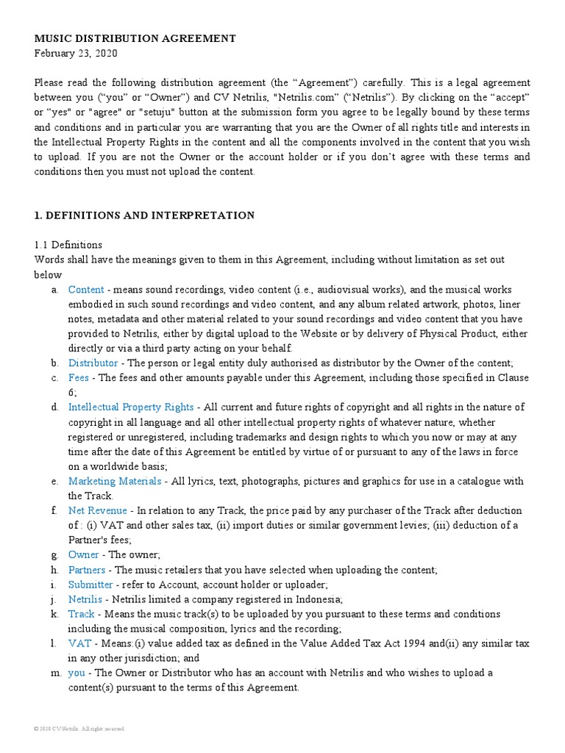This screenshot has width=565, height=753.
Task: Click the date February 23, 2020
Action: coord(75,54)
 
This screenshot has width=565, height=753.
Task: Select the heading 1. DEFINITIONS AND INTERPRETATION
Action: coord(144,215)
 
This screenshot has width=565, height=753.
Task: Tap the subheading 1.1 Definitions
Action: coord(68,245)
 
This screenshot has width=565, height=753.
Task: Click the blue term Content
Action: coord(86,290)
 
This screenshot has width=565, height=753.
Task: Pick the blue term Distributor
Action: coord(93,363)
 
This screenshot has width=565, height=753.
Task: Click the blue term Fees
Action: coord(79,378)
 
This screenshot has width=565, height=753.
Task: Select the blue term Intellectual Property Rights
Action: coord(131,407)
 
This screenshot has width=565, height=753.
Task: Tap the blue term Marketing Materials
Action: coord(114,481)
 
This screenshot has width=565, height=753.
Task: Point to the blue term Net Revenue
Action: coord(97,510)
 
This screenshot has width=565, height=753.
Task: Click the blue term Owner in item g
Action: coord(83,554)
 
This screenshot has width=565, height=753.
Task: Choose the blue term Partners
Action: coord(87,570)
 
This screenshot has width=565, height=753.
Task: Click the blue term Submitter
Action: coord(90,585)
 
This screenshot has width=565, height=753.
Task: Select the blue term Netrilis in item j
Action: coord(85,599)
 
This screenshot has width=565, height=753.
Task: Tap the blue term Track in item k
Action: coord(82,614)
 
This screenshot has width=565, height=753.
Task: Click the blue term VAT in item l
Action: coord(79,643)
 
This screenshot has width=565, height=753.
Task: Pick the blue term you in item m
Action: coord(77,673)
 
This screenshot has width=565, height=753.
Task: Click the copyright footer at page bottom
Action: coord(79,728)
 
